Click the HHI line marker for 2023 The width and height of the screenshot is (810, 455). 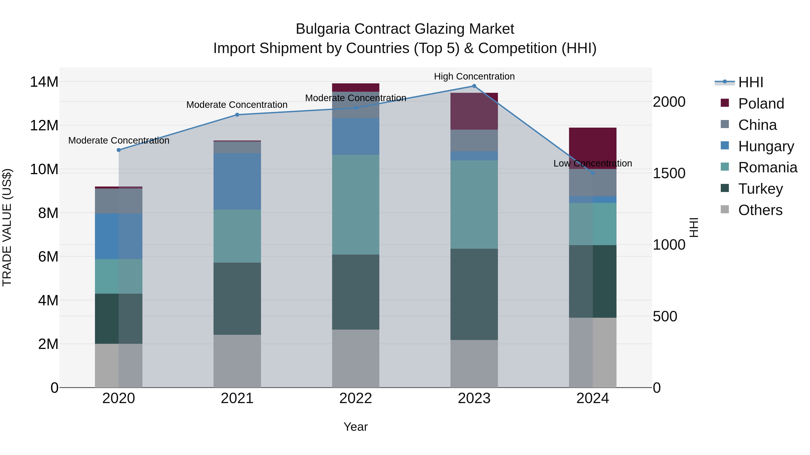tap(474, 86)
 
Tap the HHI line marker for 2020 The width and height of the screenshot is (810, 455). tap(119, 150)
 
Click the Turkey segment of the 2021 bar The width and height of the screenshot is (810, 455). tap(237, 299)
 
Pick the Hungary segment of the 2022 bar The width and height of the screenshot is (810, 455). tap(356, 136)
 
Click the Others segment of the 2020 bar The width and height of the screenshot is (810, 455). tap(119, 366)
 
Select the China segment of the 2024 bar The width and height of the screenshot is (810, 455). tap(593, 183)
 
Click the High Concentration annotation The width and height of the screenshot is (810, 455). tap(474, 76)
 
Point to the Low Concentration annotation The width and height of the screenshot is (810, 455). tap(593, 163)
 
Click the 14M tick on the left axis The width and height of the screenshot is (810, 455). tap(44, 82)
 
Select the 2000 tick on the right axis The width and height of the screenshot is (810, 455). tap(669, 102)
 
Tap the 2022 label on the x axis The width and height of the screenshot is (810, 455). tap(356, 398)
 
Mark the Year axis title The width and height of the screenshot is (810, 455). tap(356, 427)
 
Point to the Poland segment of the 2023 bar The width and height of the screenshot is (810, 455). tap(474, 111)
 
